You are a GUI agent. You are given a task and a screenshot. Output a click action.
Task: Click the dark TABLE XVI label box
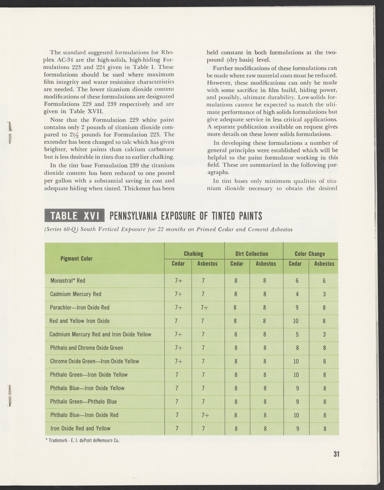point(75,216)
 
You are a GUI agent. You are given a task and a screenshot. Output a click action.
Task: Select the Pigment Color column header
point(76,259)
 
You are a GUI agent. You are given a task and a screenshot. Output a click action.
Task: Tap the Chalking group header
point(194,254)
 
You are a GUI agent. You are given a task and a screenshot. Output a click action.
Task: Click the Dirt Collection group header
point(252,254)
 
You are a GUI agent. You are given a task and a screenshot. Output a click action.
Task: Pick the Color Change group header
point(309,254)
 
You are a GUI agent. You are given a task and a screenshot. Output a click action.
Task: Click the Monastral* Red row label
point(68,281)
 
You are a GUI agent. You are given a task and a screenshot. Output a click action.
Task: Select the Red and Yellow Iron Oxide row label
point(80,321)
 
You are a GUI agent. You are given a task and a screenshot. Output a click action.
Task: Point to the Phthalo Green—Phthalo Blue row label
point(84,402)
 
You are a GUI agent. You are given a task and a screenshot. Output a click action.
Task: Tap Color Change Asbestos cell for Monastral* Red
point(324,281)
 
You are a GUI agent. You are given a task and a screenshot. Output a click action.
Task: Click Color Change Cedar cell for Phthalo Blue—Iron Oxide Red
point(296,415)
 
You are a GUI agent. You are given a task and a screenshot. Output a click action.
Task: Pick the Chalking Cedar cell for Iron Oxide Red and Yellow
point(176,429)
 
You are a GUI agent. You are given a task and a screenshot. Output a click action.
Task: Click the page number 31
point(336,454)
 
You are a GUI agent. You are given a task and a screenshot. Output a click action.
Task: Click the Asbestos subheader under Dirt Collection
point(266,264)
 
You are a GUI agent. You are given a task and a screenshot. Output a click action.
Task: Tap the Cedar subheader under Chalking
point(178,264)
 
